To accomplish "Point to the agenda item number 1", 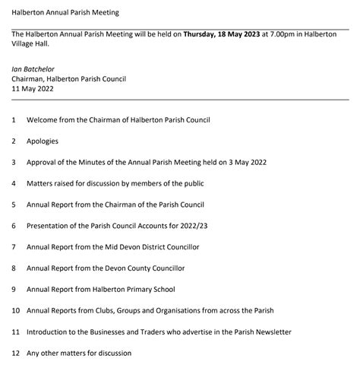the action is click(14, 120).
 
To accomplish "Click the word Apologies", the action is click(43, 141).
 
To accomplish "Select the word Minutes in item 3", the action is click(101, 162).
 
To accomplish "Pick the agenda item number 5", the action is click(14, 205).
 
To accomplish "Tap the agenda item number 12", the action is click(15, 353).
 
